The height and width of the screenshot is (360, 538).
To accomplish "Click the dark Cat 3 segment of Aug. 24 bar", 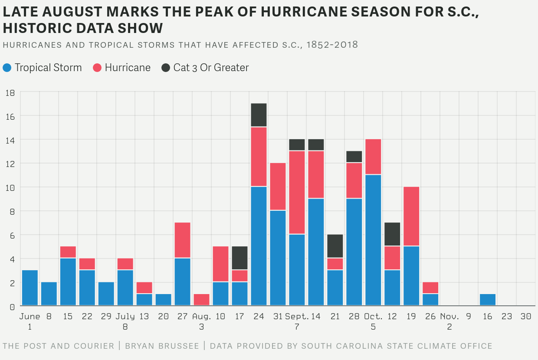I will click(x=259, y=115).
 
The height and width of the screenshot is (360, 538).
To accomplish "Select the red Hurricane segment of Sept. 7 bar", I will click(x=297, y=193).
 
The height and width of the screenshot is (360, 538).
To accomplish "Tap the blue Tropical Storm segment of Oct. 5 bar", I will click(x=374, y=240).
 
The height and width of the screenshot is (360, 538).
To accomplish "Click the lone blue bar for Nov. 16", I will click(x=488, y=300).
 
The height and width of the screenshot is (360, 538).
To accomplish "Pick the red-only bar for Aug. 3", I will click(x=202, y=300).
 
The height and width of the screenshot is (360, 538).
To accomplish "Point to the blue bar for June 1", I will click(x=30, y=288).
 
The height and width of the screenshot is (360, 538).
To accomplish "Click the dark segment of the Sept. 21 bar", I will click(x=335, y=246).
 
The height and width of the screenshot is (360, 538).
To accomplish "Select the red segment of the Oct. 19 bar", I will click(x=412, y=216).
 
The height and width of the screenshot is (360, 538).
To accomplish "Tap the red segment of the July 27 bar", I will click(x=183, y=240).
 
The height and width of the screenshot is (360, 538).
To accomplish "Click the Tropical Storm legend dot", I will click(x=7, y=68).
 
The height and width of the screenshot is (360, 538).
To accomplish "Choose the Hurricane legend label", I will click(x=128, y=68).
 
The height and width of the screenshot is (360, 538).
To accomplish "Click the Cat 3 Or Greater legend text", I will click(x=211, y=68).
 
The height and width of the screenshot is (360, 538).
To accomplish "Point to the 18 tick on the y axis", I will click(x=10, y=92).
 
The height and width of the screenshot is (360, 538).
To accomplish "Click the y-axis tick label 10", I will click(x=10, y=187).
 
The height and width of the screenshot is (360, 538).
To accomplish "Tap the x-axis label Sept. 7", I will click(x=297, y=321).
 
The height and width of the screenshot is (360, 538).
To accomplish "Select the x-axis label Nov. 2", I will click(x=449, y=321).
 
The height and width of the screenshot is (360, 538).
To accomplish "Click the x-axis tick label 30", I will click(x=526, y=317).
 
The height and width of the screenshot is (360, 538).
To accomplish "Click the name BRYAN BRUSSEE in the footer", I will click(x=162, y=346).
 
